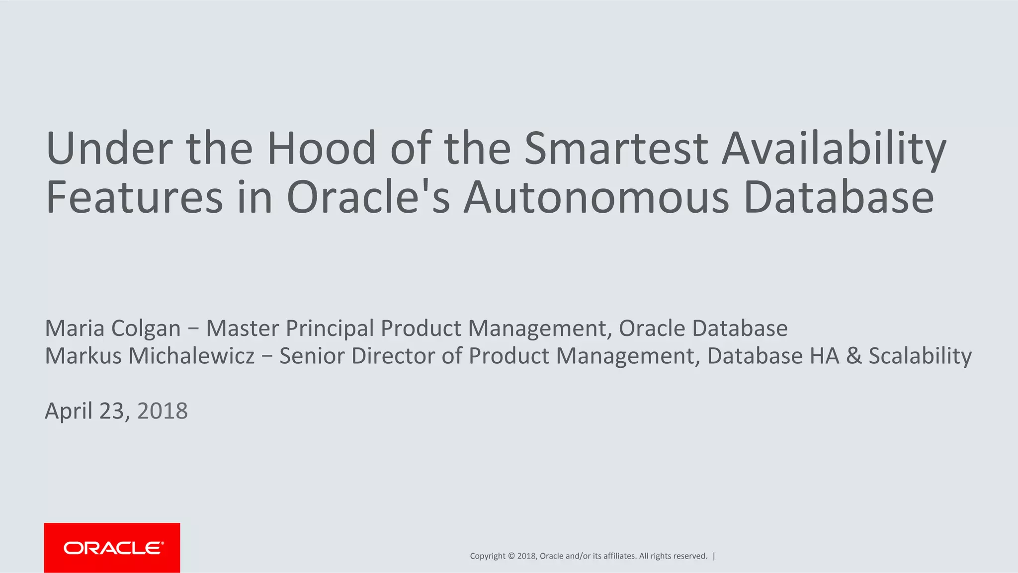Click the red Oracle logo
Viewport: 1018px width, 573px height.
(112, 548)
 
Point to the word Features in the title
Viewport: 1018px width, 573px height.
(134, 197)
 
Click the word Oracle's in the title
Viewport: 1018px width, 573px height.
(368, 197)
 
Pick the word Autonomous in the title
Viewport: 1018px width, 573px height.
(596, 197)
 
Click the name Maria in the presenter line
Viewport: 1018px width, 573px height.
(75, 328)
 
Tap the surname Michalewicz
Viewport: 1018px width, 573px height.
(191, 356)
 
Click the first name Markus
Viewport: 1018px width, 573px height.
(83, 356)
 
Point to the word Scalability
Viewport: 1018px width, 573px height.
(920, 356)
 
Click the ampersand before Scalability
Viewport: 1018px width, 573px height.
(853, 356)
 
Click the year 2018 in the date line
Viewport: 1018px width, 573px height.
(162, 411)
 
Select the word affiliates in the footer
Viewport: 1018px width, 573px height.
(619, 556)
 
